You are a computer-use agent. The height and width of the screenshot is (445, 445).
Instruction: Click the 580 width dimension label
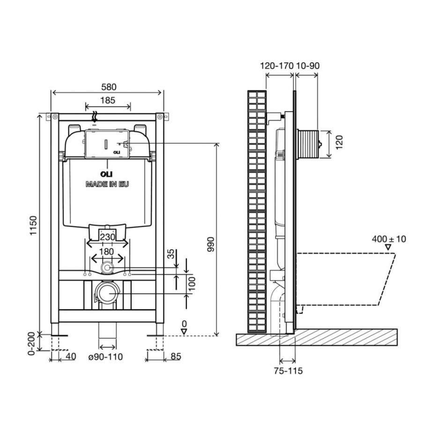(x=109, y=87)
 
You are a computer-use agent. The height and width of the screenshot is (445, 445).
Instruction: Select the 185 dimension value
(x=108, y=100)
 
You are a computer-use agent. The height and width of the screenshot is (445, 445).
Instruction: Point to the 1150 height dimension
(x=33, y=226)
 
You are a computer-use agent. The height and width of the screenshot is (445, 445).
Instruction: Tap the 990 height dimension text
(x=211, y=245)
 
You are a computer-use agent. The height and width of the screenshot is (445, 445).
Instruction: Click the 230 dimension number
(x=107, y=237)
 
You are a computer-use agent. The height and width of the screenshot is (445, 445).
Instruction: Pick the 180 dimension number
(x=106, y=252)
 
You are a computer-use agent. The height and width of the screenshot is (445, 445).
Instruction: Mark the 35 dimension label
(x=171, y=254)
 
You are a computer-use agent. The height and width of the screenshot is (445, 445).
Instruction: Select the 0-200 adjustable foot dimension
(x=31, y=343)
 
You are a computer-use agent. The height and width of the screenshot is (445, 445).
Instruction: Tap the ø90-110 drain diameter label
(x=105, y=357)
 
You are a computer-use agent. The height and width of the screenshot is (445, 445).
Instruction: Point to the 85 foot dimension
(x=176, y=356)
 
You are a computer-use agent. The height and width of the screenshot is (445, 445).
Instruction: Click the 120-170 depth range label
(x=277, y=66)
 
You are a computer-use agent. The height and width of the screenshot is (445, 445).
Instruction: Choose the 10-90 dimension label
(x=308, y=66)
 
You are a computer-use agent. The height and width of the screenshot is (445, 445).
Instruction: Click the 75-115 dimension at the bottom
(x=289, y=371)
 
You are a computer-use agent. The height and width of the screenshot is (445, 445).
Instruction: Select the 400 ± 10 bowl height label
(x=389, y=239)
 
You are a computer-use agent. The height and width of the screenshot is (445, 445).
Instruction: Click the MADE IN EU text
(x=107, y=184)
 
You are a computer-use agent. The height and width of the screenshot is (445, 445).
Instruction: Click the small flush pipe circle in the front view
(x=107, y=267)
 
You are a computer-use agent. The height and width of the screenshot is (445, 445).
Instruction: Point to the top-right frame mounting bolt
(x=159, y=116)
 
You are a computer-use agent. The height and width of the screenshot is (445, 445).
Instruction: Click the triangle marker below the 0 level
(x=184, y=332)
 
